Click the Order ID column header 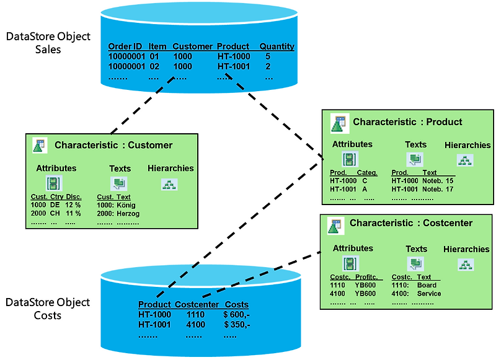pos(125,46)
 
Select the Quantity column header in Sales pos(277,46)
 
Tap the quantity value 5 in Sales pos(268,56)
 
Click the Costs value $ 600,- pos(237,315)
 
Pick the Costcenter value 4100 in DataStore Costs pos(195,325)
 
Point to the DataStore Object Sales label pos(48,43)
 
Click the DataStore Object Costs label pos(48,309)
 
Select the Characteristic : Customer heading pos(113,145)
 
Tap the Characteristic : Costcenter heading pos(411,223)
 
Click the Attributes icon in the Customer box pos(53,183)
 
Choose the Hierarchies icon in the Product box pos(465,160)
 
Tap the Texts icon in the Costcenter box pos(415,263)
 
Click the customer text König pos(126,205)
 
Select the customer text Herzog pos(128,214)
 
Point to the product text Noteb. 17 pos(438,190)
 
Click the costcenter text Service pos(429,294)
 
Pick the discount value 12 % pos(73,205)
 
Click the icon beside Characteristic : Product pos(340,123)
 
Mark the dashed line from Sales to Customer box pos(143,105)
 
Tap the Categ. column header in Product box pos(367,173)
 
